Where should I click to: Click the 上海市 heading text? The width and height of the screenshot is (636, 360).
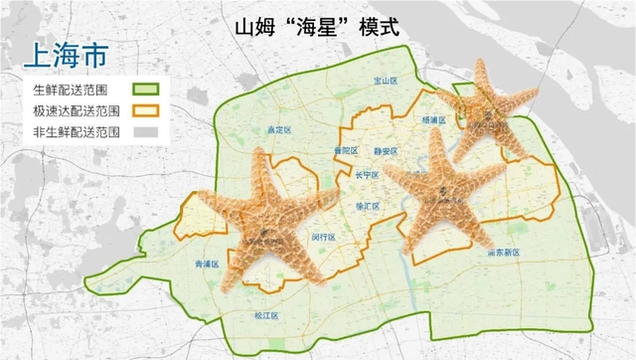65,55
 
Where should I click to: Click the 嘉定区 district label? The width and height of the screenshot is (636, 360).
277,130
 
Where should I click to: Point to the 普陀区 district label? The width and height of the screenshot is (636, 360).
346,151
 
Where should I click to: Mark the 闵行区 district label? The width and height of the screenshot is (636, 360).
323,237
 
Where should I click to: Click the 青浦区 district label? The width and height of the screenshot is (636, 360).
207,265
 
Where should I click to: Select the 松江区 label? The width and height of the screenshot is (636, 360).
266,315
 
